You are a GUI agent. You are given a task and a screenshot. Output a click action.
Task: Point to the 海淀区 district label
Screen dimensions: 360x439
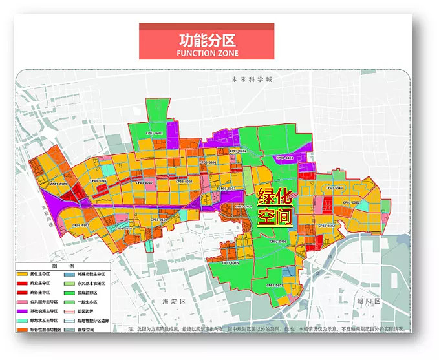pyautogui.click(x=174, y=302)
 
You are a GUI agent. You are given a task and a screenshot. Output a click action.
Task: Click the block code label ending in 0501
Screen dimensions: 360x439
pyautogui.click(x=334, y=188)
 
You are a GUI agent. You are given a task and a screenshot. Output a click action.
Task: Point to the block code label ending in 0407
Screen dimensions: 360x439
pyautogui.click(x=275, y=284)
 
